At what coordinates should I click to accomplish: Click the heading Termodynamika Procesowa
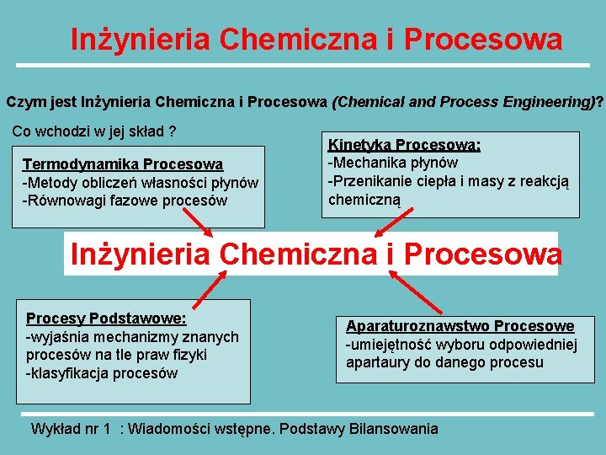123,164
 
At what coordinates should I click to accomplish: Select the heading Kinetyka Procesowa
404,144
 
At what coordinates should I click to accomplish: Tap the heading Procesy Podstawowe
106,318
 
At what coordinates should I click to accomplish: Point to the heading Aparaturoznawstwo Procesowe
460,326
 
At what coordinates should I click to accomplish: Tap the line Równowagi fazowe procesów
125,201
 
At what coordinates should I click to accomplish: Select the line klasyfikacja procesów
102,373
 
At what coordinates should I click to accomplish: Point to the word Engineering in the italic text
538,102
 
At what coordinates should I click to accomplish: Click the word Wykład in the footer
55,429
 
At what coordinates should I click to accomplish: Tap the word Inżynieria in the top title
140,40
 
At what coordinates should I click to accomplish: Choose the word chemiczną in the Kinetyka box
364,200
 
